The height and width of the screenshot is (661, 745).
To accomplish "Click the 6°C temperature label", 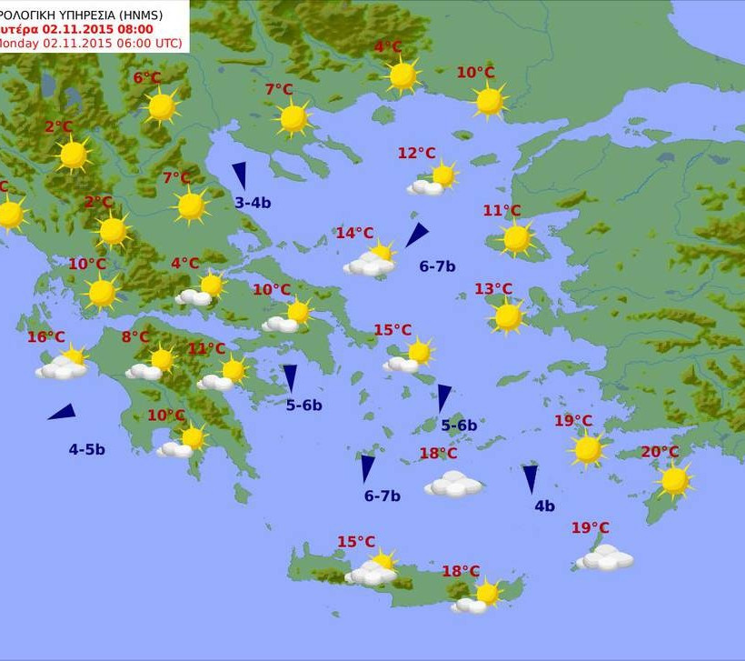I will [x=147, y=78].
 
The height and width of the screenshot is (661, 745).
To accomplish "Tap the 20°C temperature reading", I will [x=660, y=452].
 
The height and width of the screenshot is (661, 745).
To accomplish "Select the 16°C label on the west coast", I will [x=45, y=337].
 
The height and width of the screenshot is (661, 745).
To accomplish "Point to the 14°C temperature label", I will [x=354, y=233].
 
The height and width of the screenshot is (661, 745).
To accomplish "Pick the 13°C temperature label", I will [x=493, y=289].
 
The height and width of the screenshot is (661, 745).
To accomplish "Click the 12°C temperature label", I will [x=416, y=153].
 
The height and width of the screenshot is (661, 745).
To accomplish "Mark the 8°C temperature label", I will [x=135, y=337].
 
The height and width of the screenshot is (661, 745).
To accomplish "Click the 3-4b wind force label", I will [x=253, y=203].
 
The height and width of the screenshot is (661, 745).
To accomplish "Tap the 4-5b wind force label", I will [x=86, y=449].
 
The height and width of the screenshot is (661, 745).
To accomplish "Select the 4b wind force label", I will [x=544, y=506].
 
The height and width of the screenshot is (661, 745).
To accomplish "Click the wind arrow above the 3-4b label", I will [x=240, y=175].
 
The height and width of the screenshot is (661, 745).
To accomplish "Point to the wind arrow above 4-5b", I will [x=62, y=412].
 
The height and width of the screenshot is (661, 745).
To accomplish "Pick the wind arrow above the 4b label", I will [x=531, y=478].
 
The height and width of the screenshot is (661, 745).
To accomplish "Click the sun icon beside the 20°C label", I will [x=674, y=480].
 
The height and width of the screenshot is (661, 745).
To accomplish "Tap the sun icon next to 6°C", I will [x=162, y=106].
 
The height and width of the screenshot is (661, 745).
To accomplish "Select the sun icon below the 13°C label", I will [x=508, y=316].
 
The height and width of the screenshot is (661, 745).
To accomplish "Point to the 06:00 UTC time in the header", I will [x=144, y=43].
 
